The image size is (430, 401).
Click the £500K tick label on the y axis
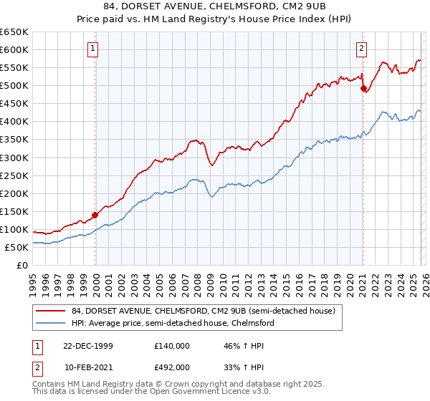point(14,85)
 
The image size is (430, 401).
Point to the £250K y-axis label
point(14,175)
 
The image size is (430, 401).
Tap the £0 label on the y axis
point(21,265)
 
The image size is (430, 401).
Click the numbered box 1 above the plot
point(95,49)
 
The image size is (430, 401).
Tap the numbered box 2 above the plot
point(361,49)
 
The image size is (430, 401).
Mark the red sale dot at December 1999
point(95,214)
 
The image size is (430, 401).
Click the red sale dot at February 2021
point(363,88)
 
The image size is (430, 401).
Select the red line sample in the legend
point(51,311)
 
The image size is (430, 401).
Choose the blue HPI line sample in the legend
point(51,324)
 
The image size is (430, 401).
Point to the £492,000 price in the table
point(172,367)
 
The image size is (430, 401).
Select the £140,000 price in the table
point(172,346)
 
